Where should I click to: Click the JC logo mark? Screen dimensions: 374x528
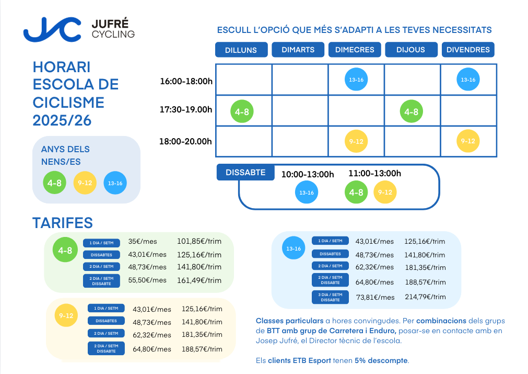[x=52, y=29]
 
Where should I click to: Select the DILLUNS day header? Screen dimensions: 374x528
[x=241, y=50]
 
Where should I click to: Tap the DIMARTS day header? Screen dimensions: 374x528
[x=298, y=50]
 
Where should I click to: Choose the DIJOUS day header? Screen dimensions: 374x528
[x=410, y=50]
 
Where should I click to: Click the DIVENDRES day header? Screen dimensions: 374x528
[x=468, y=50]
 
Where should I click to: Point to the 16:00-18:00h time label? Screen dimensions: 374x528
[x=186, y=81]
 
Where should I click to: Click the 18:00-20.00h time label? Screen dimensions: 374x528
[x=186, y=141]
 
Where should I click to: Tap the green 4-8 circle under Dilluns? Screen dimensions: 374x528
[x=242, y=111]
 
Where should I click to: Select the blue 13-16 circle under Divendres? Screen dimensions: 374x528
[x=467, y=80]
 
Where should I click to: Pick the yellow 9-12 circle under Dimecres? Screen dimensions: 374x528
[x=356, y=141]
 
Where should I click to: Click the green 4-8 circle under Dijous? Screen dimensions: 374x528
[x=412, y=111]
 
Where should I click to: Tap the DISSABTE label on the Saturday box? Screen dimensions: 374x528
[x=245, y=172]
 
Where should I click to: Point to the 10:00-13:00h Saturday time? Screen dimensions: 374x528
[x=307, y=174]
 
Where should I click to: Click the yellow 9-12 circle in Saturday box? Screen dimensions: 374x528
[x=385, y=192]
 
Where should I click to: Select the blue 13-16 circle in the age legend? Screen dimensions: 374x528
[x=115, y=183]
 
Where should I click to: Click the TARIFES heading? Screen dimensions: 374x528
[x=63, y=223]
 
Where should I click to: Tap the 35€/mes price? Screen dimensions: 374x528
[x=139, y=242]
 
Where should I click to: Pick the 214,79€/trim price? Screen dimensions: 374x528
[x=425, y=297]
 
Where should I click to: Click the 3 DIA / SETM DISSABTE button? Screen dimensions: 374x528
[x=330, y=297]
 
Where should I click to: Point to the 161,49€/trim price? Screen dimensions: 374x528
[x=200, y=280]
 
